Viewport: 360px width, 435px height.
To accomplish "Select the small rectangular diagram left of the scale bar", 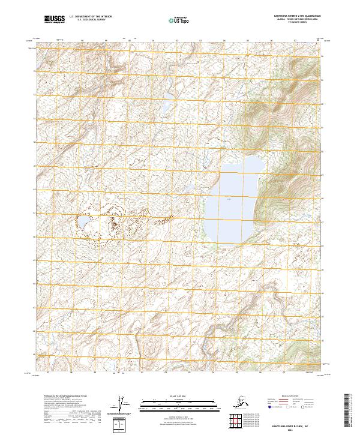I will click(x=121, y=425).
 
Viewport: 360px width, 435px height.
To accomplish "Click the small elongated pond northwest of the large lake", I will click(x=169, y=96).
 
